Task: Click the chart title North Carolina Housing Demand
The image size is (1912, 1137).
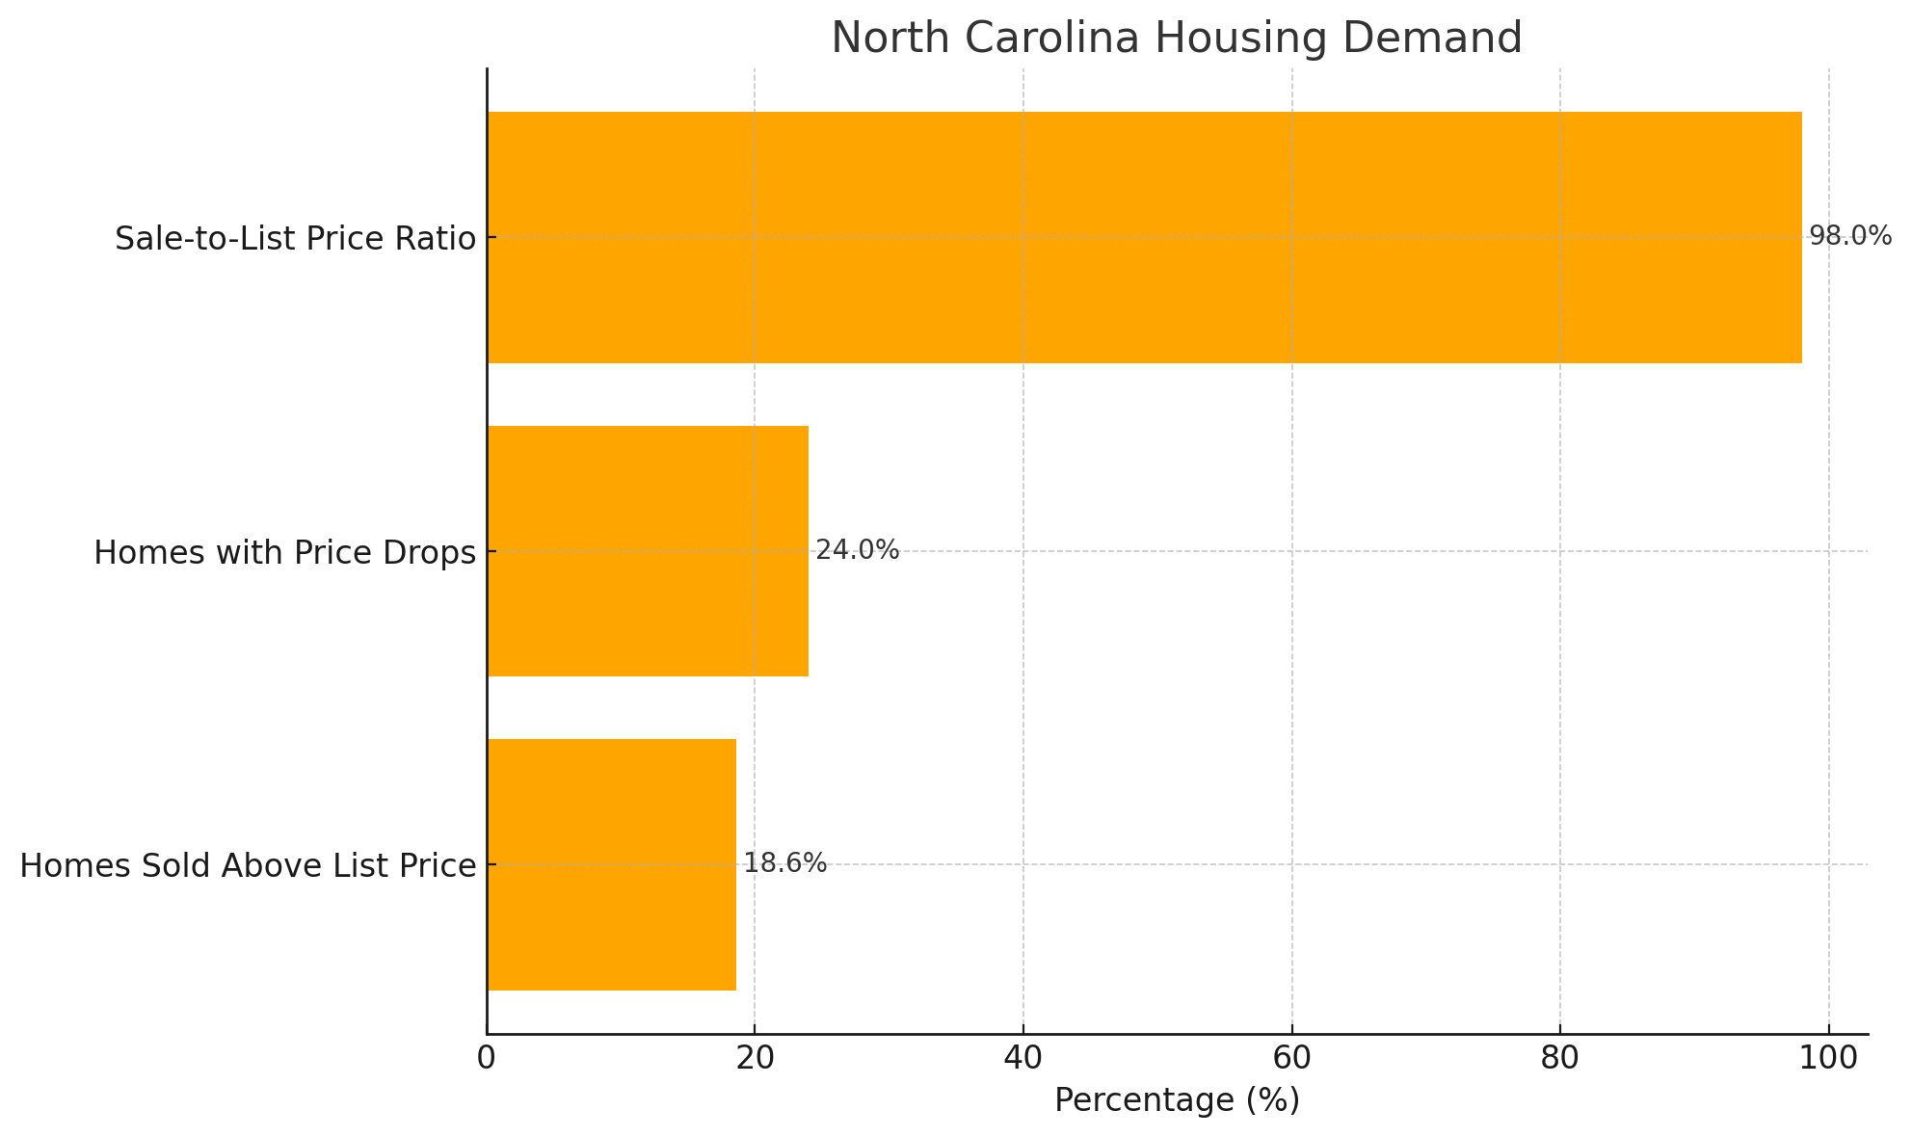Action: click(x=1176, y=39)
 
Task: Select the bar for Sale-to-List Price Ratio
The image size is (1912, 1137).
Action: click(x=1144, y=237)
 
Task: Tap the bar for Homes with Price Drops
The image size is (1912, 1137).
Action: click(x=648, y=551)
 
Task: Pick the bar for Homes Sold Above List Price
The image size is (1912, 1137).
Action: click(x=612, y=864)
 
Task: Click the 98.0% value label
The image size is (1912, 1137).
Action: click(x=1849, y=236)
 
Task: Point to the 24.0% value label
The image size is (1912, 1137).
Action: click(x=857, y=550)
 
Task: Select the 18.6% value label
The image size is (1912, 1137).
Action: click(x=784, y=863)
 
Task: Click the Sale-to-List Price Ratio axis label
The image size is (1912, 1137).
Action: click(x=295, y=239)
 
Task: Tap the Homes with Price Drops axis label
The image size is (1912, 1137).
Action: click(x=284, y=553)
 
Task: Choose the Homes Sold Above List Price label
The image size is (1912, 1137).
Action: click(x=248, y=866)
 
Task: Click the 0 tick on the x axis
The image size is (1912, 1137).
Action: click(x=487, y=1058)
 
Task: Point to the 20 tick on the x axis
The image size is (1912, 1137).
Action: click(x=755, y=1058)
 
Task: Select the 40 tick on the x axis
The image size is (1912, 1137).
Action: click(x=1022, y=1058)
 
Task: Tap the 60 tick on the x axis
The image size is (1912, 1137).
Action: click(x=1291, y=1058)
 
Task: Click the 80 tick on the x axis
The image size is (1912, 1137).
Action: click(x=1559, y=1058)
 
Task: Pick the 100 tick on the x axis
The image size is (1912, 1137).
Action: click(x=1828, y=1058)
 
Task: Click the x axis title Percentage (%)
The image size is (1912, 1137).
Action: click(x=1177, y=1100)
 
